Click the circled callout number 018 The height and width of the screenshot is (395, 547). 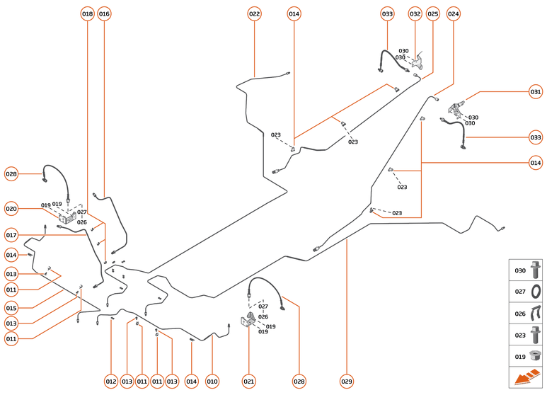click(x=87, y=14)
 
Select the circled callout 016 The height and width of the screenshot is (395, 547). click(x=104, y=14)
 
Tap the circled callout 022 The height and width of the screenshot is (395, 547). click(x=254, y=14)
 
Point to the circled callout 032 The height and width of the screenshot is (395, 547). click(x=415, y=14)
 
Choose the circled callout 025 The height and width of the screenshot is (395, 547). click(x=433, y=14)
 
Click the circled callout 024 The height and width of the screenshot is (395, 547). click(x=454, y=14)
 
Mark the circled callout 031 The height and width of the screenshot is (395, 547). click(x=536, y=91)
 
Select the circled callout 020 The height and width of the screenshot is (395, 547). click(x=11, y=208)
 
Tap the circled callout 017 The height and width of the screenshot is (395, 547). click(x=11, y=235)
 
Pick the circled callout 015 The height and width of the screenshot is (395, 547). click(x=11, y=307)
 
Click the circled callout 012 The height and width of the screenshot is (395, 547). click(x=111, y=382)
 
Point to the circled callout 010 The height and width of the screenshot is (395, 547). click(x=212, y=382)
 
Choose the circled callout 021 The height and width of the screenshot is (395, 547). click(x=248, y=382)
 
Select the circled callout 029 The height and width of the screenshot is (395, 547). click(x=346, y=382)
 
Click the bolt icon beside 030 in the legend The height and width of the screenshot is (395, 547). click(x=536, y=270)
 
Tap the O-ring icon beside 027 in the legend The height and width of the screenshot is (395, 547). click(x=536, y=291)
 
